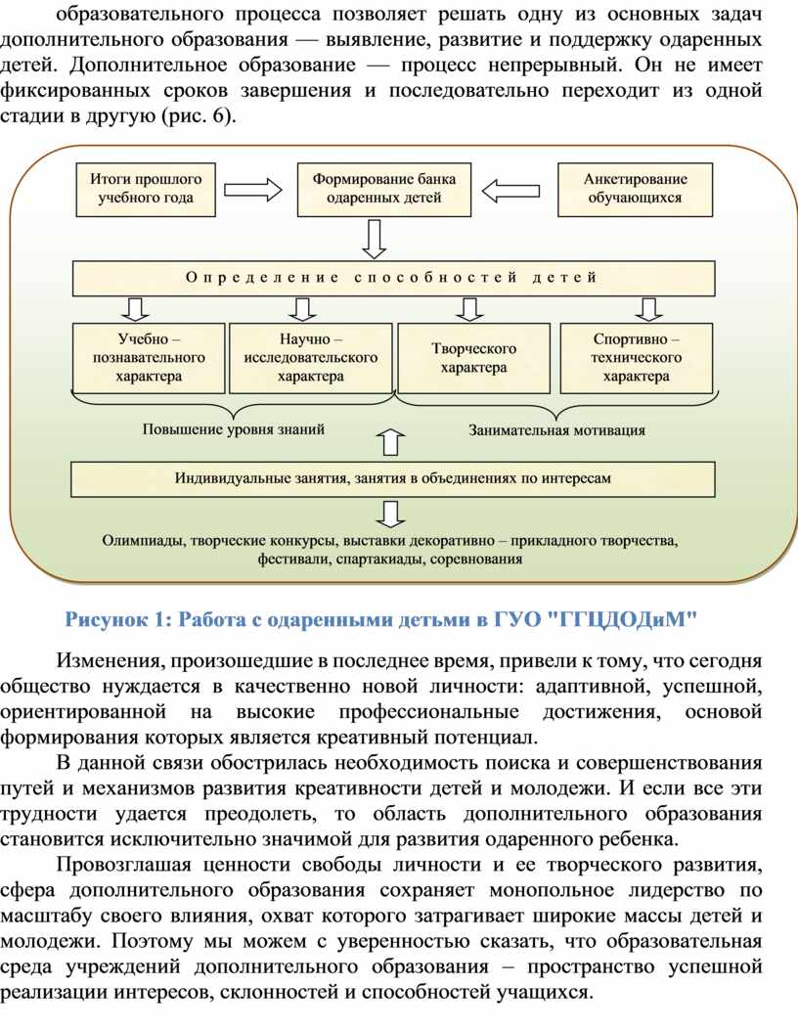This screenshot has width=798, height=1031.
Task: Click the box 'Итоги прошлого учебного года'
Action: pos(146,190)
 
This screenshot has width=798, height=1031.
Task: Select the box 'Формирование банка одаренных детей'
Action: pos(384,190)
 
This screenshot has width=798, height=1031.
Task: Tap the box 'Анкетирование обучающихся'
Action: pos(635,190)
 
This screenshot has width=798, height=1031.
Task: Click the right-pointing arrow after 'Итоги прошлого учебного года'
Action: pos(253,190)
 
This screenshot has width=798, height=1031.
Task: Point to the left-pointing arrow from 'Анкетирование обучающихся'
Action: pos(510,191)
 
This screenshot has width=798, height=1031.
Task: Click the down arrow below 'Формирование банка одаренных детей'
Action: pos(374,239)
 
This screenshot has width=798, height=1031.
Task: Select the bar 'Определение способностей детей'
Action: pos(393,278)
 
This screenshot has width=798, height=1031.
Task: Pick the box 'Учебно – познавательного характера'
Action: pos(149,358)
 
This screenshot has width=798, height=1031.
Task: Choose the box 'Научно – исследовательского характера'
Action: pos(311,358)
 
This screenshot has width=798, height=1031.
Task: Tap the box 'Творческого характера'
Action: pos(473,358)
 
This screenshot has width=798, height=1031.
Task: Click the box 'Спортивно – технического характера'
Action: pos(636,358)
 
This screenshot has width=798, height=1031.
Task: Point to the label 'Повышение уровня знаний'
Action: pos(234,429)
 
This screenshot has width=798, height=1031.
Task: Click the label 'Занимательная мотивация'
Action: pos(556,430)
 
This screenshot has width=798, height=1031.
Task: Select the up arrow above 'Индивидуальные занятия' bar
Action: pos(391,442)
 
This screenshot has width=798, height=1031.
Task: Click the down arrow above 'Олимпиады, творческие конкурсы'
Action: pos(391,515)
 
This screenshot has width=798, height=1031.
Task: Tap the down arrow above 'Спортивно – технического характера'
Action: pos(648,308)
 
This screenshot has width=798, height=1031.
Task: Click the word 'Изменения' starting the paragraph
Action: pos(109,660)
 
